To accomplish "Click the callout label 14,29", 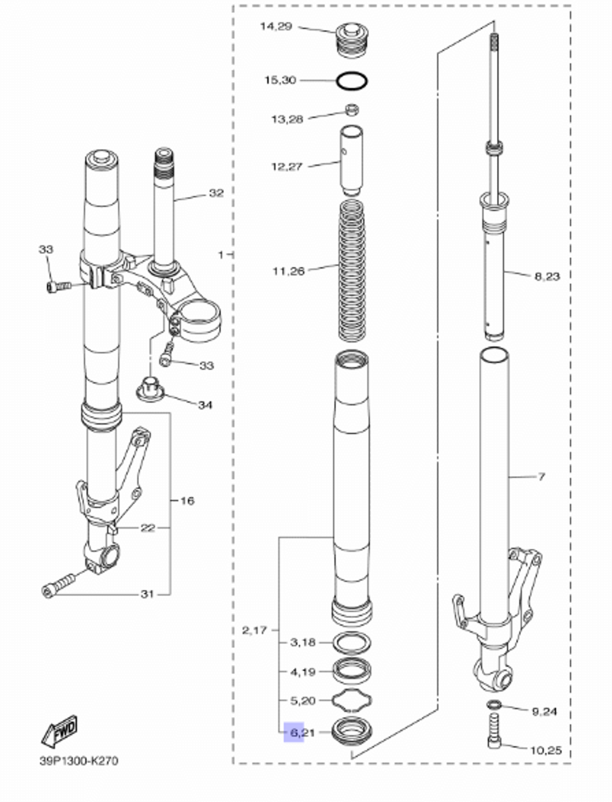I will [276, 26].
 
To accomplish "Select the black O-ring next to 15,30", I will [352, 80].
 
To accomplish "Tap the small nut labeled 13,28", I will [352, 110].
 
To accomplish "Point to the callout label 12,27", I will [286, 166].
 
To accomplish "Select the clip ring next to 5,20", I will [352, 701].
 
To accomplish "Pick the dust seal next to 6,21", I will [352, 730].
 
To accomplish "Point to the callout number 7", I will [541, 477].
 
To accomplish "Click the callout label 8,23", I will [547, 276].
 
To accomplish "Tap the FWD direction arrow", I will [59, 731].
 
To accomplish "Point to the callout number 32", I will [216, 193].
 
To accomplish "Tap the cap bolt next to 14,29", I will [352, 38].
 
